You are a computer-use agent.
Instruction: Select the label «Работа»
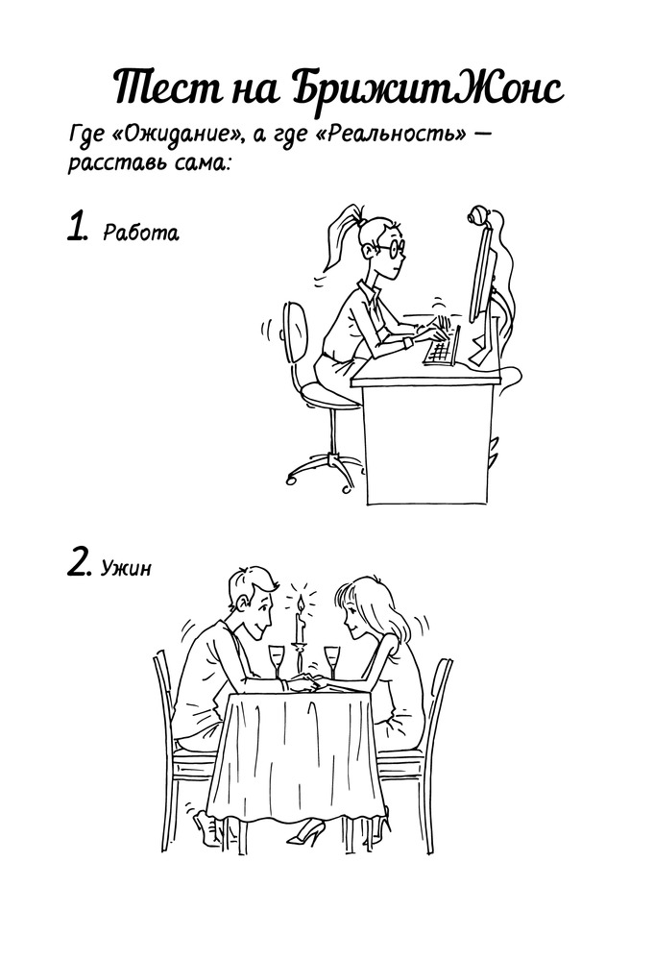[141, 233]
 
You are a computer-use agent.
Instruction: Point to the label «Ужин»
[126, 568]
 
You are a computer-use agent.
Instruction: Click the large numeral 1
[77, 226]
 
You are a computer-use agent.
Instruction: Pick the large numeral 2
[79, 562]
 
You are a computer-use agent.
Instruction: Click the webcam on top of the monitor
[478, 216]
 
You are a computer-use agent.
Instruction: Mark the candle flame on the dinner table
[300, 605]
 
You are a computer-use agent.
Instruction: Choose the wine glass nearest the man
[278, 660]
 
